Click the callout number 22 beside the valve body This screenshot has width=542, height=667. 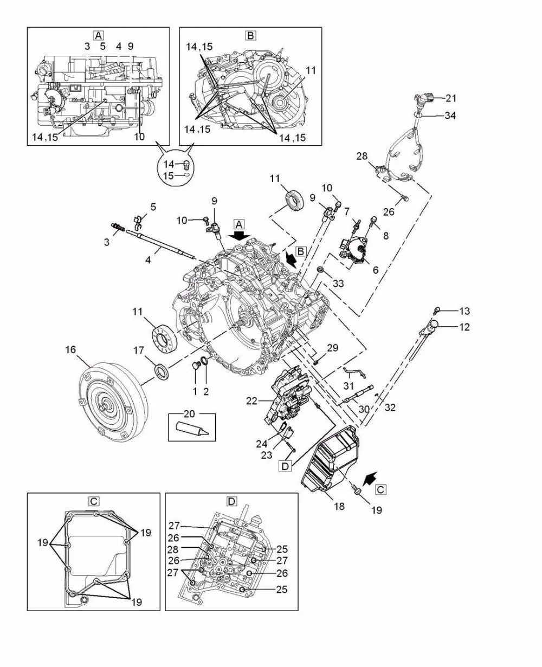click(x=251, y=401)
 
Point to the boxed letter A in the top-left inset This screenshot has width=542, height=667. click(x=99, y=35)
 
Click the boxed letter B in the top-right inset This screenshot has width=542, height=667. click(x=250, y=35)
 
